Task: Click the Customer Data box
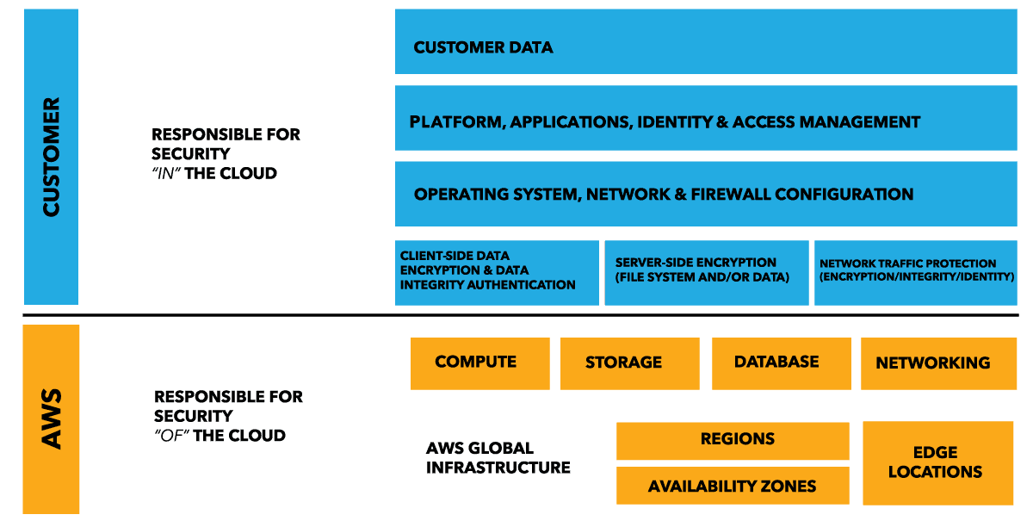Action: click(705, 41)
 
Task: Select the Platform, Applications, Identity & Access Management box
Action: click(705, 118)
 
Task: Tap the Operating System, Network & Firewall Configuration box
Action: click(705, 194)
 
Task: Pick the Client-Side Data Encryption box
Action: click(497, 273)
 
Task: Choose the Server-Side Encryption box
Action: click(707, 273)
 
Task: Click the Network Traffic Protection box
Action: click(916, 273)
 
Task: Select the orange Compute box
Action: click(479, 363)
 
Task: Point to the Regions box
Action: click(733, 440)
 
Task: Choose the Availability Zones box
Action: click(733, 487)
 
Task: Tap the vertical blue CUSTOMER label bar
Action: click(51, 157)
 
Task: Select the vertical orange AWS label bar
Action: click(51, 418)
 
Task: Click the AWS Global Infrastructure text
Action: click(498, 458)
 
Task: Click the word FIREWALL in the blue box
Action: click(728, 195)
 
